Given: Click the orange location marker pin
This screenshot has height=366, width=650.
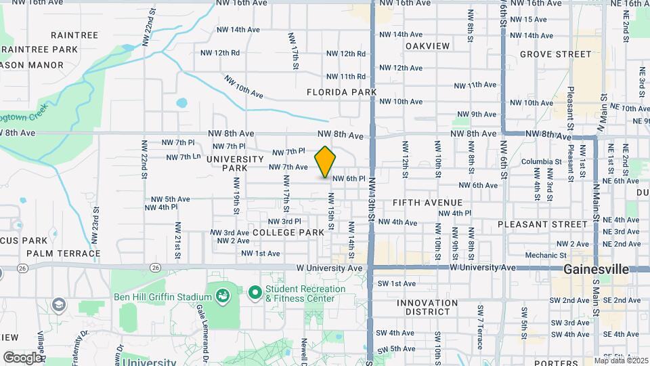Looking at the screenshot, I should click(325, 161).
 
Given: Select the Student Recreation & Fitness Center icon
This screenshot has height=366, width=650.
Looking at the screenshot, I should click(255, 293).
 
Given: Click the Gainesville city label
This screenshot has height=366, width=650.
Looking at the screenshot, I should click(596, 269).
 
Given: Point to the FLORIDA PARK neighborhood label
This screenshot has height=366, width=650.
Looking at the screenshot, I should click(341, 91).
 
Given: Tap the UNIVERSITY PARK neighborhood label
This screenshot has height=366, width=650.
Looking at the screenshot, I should click(235, 163).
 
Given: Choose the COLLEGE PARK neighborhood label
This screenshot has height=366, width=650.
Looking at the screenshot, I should click(288, 232).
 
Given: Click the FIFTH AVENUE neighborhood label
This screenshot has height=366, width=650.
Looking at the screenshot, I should click(427, 203).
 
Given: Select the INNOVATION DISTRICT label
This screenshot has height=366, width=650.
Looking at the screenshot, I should click(427, 307).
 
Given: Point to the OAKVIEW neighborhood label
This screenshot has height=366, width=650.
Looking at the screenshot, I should click(427, 46).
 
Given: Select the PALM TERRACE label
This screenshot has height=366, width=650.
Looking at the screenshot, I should click(64, 253).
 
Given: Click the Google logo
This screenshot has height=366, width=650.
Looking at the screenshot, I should click(22, 357).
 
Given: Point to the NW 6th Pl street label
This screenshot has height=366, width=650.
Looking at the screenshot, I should click(349, 179).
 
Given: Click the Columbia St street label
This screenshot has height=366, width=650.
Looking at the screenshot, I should click(541, 162).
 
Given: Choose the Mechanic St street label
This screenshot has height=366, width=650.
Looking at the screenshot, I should click(540, 256).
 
